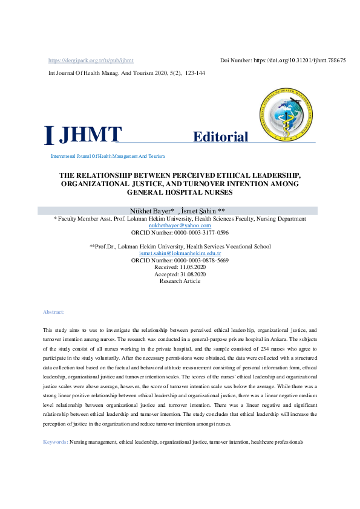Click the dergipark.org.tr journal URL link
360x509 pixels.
click(91, 60)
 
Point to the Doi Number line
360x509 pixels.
click(283, 60)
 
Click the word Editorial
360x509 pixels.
click(220, 137)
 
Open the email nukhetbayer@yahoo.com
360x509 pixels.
click(180, 225)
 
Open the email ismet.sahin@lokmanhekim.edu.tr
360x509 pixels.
click(180, 253)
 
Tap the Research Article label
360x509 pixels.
click(180, 281)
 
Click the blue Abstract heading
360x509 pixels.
click(53, 312)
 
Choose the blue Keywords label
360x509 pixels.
click(55, 443)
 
